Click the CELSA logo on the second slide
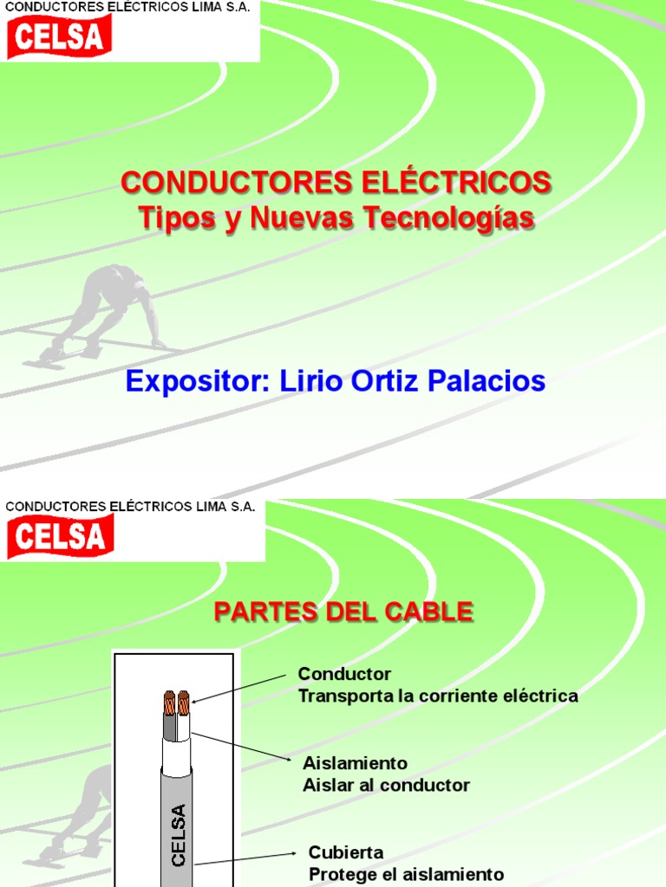click(x=61, y=536)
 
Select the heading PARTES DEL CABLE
click(x=343, y=612)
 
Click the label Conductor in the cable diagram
click(x=344, y=674)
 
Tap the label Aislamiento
click(x=355, y=764)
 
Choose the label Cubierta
click(x=346, y=853)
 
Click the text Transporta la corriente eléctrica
click(x=438, y=696)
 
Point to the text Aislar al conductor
click(x=386, y=786)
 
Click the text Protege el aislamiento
click(x=406, y=874)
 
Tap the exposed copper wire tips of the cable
click(x=177, y=702)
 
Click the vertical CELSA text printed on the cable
click(x=179, y=835)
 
